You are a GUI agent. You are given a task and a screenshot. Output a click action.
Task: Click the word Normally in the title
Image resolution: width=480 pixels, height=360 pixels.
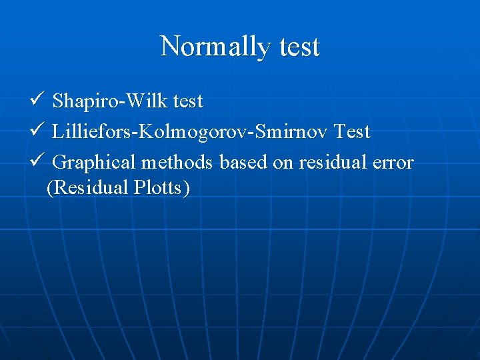(x=213, y=47)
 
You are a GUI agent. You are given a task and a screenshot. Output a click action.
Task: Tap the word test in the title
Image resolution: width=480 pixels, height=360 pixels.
(x=296, y=47)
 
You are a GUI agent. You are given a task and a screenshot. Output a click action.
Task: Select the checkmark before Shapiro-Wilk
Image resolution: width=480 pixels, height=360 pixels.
(x=36, y=101)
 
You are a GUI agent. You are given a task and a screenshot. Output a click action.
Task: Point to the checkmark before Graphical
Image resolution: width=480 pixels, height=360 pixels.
(x=36, y=161)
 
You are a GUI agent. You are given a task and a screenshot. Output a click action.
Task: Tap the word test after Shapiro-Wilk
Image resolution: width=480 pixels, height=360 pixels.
(x=188, y=101)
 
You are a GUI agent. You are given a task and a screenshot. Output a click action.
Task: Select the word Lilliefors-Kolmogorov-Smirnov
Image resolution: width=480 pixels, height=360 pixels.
(x=190, y=132)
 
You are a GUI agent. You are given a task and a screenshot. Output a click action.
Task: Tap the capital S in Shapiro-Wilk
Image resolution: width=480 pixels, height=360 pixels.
(x=57, y=101)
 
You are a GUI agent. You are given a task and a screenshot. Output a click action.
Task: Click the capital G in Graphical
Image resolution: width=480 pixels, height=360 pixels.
(x=59, y=163)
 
